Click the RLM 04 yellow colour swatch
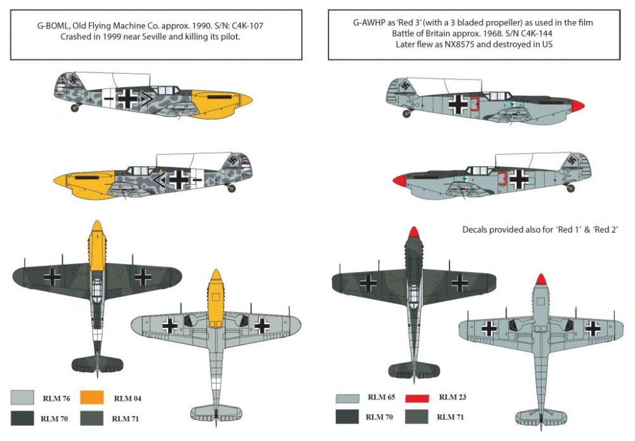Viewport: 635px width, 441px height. click(x=91, y=398)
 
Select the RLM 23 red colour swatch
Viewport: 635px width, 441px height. click(x=417, y=398)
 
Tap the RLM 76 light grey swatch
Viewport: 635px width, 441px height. click(x=22, y=398)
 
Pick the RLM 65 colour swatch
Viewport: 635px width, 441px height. click(x=347, y=398)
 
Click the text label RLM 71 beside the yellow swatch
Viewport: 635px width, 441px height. click(x=125, y=419)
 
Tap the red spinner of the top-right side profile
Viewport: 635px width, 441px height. click(x=577, y=105)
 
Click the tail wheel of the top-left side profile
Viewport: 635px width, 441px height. click(x=74, y=108)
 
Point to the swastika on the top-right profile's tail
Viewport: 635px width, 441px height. click(x=405, y=86)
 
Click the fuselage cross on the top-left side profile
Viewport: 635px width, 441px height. click(x=127, y=98)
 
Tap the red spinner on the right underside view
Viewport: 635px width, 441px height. click(x=541, y=279)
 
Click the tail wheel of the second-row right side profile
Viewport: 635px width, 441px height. click(x=571, y=188)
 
